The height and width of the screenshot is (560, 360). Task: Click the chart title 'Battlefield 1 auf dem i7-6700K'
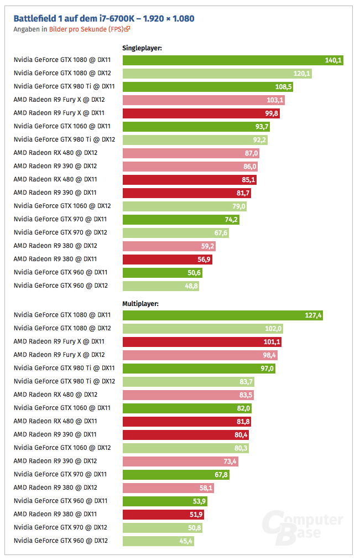[x=104, y=19]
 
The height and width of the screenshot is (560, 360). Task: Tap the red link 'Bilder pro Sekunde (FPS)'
[x=86, y=29]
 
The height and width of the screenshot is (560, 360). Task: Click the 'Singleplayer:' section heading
[x=142, y=48]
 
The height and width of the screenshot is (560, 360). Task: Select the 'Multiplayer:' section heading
[x=140, y=303]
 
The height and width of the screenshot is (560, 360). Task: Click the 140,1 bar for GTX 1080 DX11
[x=232, y=60]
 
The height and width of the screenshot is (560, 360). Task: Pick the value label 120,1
[x=302, y=73]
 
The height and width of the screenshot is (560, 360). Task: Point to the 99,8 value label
[x=272, y=113]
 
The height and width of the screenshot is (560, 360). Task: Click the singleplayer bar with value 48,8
[x=160, y=286]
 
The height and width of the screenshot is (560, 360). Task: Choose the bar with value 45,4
[x=158, y=541]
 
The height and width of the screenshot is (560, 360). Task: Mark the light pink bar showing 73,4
[x=180, y=461]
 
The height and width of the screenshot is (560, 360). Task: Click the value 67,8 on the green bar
[x=220, y=474]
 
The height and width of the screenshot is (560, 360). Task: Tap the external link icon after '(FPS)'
[x=127, y=29]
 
